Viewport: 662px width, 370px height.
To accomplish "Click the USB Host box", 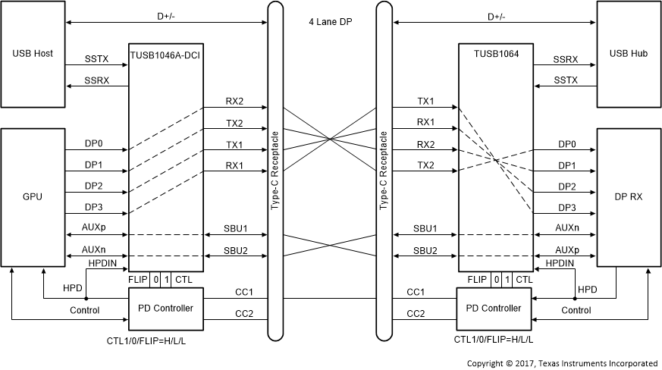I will coord(33,55).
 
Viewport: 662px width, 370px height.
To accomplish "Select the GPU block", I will coord(33,196).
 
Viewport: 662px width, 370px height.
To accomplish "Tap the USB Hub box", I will coord(629,55).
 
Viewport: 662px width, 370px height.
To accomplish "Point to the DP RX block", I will coord(629,196).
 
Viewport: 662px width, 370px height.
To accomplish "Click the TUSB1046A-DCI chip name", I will coord(165,54).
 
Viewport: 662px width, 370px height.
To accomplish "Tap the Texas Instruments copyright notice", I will coord(563,362).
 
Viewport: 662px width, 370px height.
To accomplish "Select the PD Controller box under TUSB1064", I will coord(494,308).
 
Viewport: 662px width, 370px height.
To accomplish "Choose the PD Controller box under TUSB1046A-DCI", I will coord(165,308).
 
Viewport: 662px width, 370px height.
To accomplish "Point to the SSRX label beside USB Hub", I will coord(565,58).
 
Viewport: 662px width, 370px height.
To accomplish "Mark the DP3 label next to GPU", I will coord(94,206).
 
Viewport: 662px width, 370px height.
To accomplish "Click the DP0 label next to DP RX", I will coord(566,144).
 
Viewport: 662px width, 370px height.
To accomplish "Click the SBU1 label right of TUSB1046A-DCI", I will coord(235,228).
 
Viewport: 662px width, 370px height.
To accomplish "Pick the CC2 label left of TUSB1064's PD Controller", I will coord(416,312).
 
